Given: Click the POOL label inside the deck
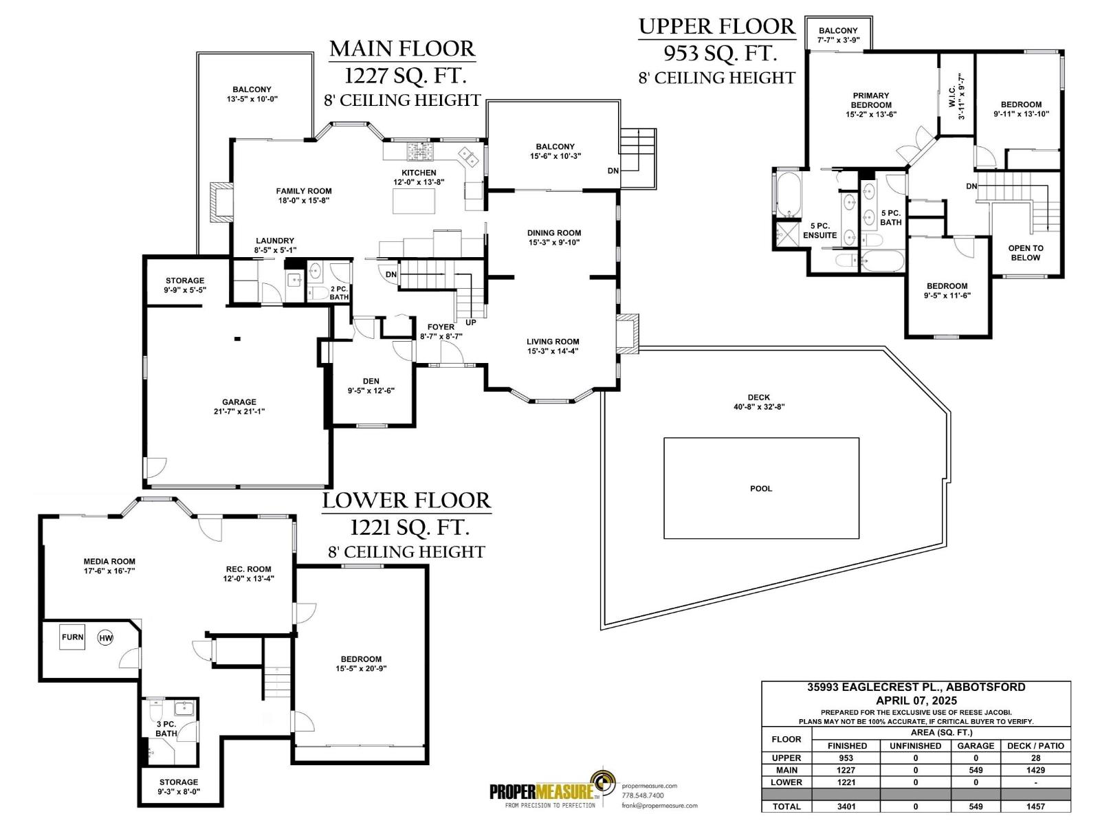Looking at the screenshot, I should pyautogui.click(x=760, y=489).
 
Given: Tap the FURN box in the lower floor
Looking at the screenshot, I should pyautogui.click(x=72, y=637).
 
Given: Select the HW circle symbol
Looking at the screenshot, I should pyautogui.click(x=105, y=638).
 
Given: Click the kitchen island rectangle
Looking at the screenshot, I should pyautogui.click(x=414, y=201).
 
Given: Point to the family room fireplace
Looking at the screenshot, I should pyautogui.click(x=221, y=202).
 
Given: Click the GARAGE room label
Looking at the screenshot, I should pyautogui.click(x=239, y=402).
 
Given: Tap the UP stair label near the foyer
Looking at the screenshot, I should pyautogui.click(x=471, y=322).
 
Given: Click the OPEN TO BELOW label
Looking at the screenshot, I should pyautogui.click(x=1025, y=253).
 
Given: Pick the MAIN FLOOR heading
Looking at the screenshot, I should pyautogui.click(x=402, y=49).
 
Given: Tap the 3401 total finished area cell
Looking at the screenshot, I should pyautogui.click(x=846, y=806).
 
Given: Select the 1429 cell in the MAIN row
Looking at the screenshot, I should pyautogui.click(x=1035, y=770).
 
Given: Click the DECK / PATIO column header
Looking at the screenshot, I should pyautogui.click(x=1035, y=745).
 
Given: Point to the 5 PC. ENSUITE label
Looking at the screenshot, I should pyautogui.click(x=819, y=230).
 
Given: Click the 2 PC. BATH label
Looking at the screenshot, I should pyautogui.click(x=339, y=293).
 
